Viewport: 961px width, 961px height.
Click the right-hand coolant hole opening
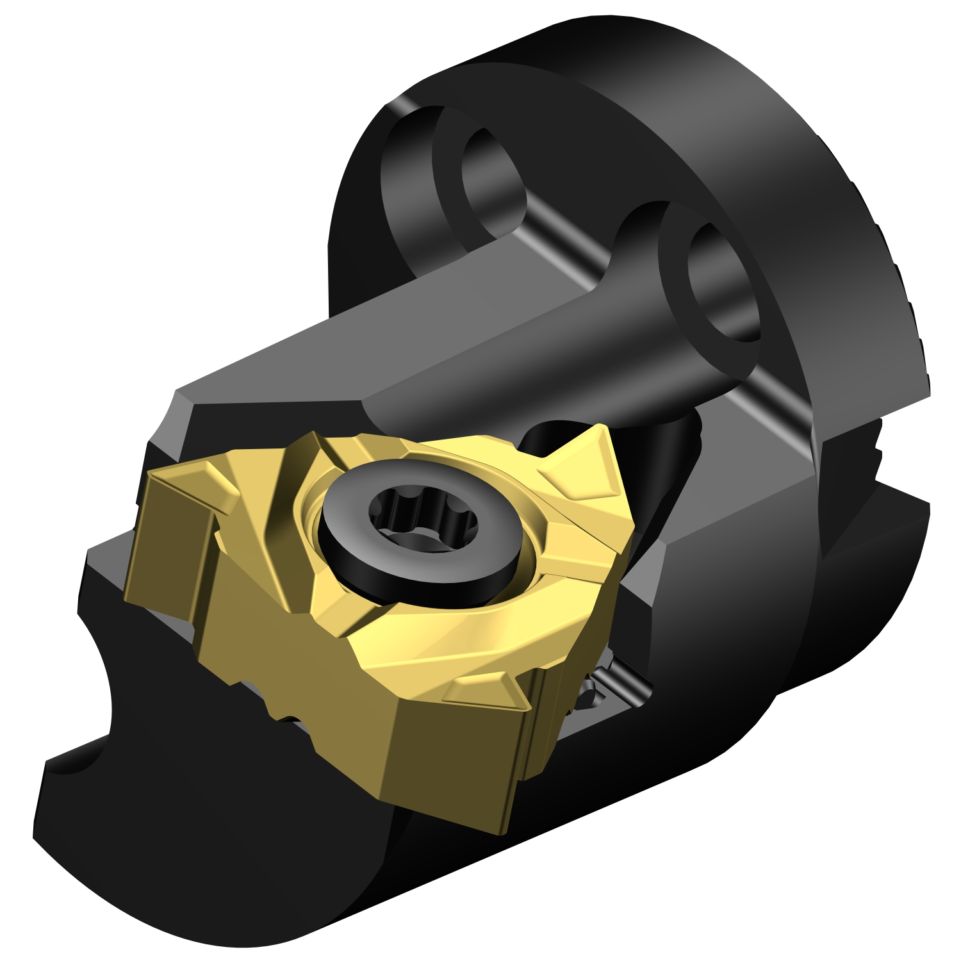[721, 282]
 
